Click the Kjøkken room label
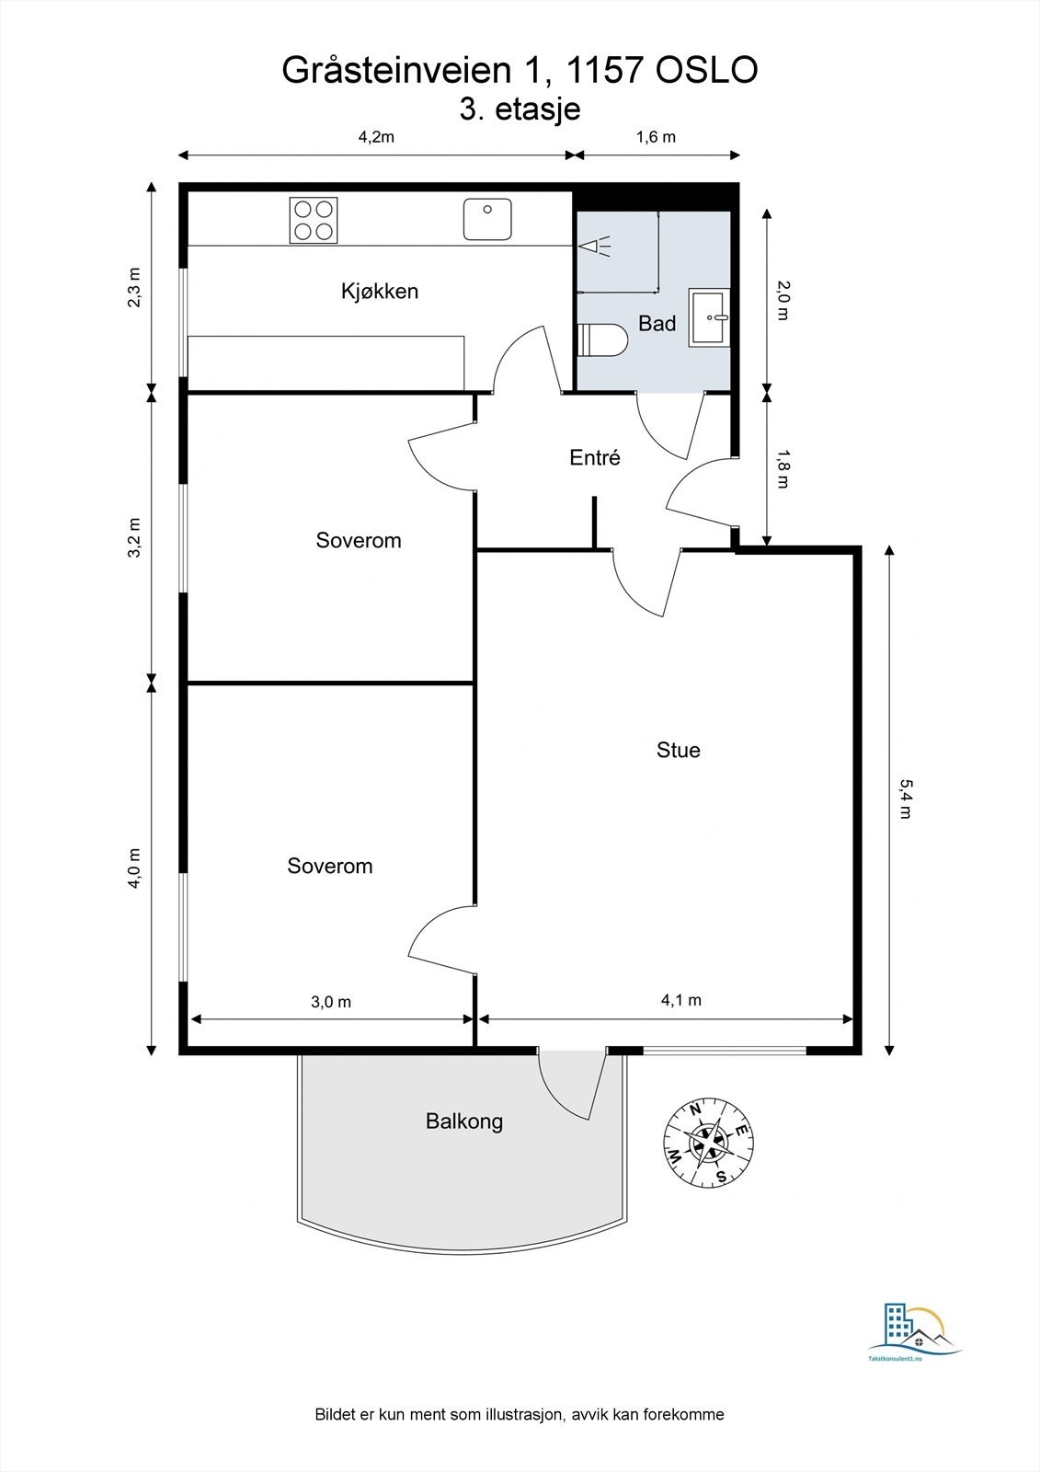379,292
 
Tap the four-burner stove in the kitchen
314,221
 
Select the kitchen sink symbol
487,219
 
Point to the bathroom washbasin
710,318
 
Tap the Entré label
595,457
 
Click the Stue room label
678,750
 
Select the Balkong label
464,1121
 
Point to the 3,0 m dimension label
331,1002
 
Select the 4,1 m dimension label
680,1000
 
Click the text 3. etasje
520,109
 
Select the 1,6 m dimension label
656,137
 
